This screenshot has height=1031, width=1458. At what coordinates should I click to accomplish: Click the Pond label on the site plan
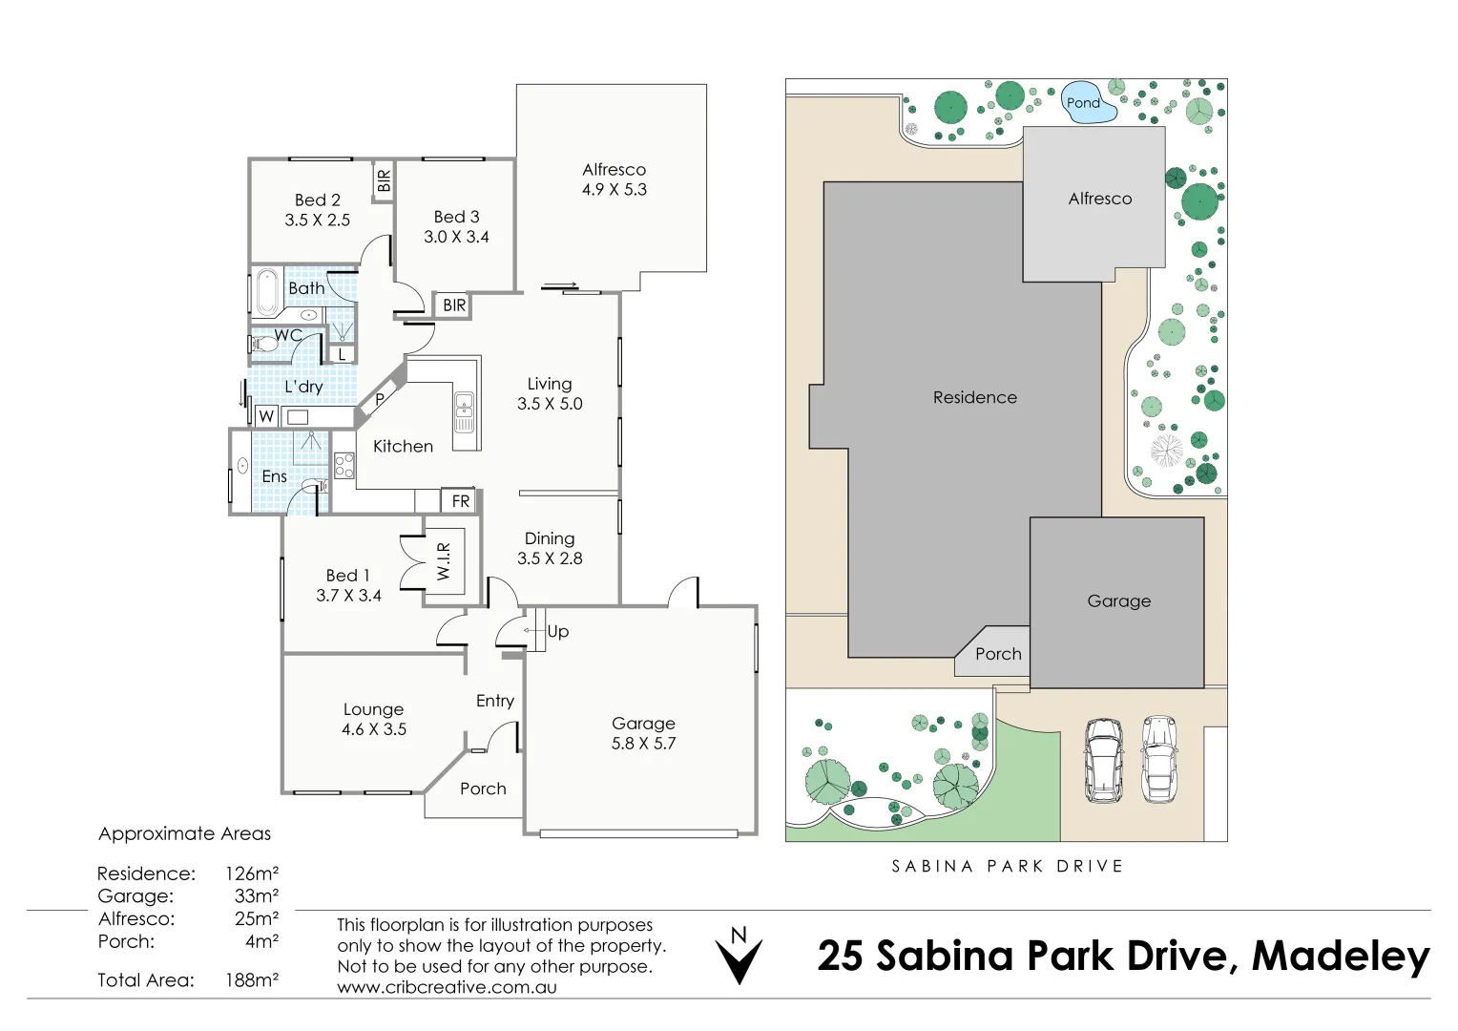1083,103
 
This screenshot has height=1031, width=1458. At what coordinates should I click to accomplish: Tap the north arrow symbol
739,957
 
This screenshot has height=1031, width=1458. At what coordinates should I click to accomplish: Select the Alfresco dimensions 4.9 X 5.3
614,190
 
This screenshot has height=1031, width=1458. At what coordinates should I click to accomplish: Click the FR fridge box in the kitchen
461,501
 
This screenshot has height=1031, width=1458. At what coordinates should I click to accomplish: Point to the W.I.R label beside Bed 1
444,561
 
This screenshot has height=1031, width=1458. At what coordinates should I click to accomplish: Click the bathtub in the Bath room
265,292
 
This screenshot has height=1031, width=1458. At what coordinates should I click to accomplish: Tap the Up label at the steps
558,632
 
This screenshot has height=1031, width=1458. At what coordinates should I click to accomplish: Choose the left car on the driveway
1103,760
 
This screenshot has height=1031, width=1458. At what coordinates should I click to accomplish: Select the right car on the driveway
1159,760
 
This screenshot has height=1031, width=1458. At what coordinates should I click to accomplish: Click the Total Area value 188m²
252,980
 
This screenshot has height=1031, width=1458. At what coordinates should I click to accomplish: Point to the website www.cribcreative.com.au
447,988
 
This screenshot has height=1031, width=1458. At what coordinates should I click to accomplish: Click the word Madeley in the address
1341,957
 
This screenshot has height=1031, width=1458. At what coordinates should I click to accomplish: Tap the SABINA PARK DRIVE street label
1007,867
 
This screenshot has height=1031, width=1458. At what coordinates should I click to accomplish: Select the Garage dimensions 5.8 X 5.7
643,744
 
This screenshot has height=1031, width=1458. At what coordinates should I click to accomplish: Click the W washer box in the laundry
266,416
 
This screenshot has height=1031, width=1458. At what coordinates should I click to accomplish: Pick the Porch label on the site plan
998,654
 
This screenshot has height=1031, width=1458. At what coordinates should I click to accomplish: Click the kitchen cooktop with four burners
344,466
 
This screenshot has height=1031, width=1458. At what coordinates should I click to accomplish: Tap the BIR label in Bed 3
454,305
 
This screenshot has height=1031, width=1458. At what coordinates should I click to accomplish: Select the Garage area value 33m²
257,896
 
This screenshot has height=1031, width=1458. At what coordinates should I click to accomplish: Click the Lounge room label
373,709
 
